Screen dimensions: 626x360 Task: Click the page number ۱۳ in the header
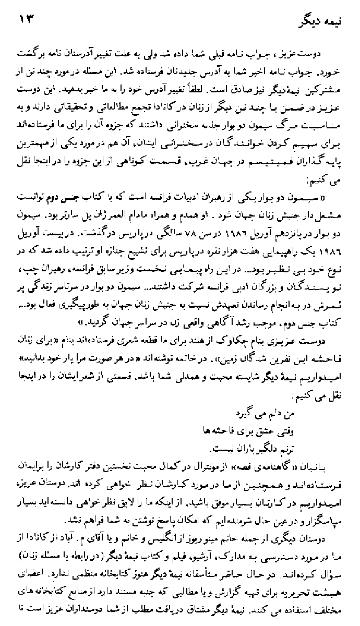[26, 20]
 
